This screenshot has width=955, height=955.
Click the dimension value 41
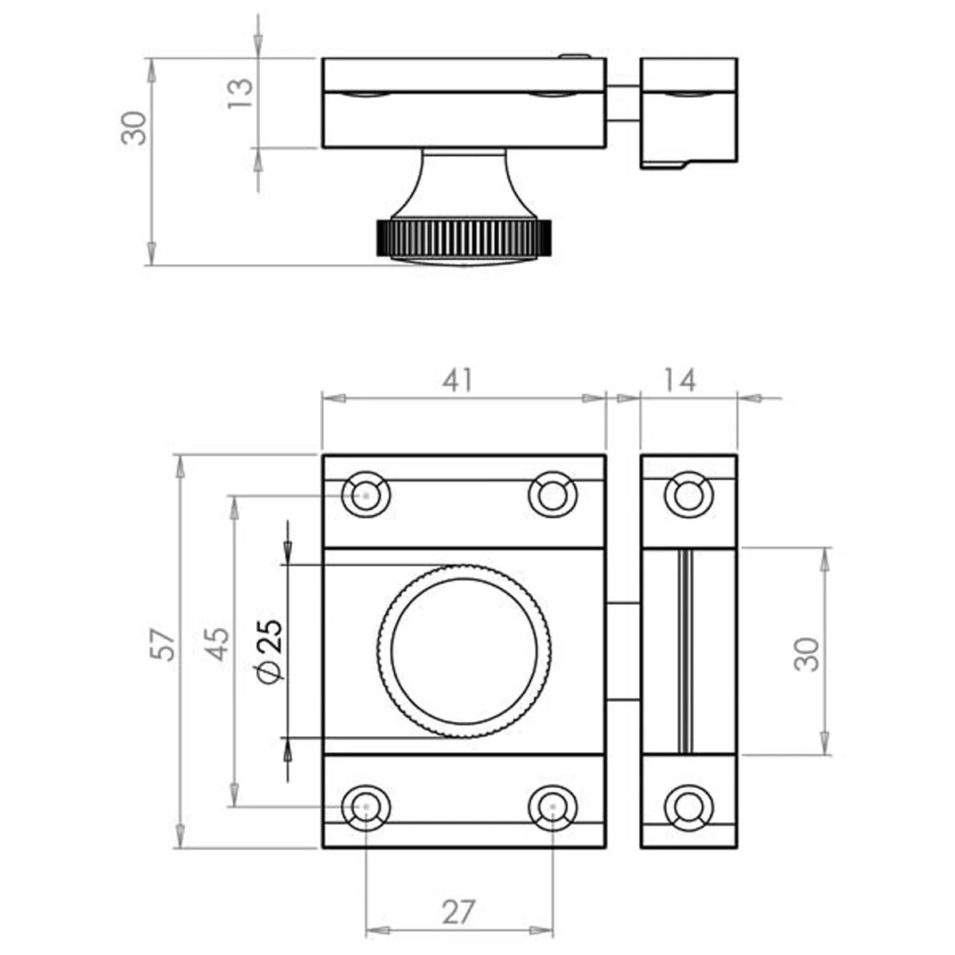pos(458,380)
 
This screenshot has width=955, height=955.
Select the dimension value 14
pos(679,380)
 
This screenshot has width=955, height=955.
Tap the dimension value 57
pos(163,645)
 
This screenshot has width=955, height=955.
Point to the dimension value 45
pos(217,645)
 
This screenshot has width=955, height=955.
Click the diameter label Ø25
pos(270,651)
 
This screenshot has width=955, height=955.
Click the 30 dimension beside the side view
pos(134,128)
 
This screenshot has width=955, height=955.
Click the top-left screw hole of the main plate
pos(366,494)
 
